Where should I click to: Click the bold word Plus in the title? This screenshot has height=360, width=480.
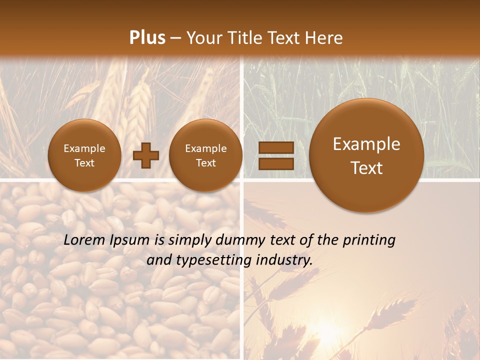(147, 38)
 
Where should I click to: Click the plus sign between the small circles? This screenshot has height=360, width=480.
(146, 155)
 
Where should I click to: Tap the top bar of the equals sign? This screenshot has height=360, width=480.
(275, 147)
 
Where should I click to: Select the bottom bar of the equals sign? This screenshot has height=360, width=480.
(275, 163)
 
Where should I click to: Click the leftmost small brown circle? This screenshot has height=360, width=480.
(84, 155)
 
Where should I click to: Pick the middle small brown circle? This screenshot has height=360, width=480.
(205, 155)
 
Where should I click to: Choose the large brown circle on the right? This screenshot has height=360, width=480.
(366, 155)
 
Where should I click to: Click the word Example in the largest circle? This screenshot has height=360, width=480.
(366, 144)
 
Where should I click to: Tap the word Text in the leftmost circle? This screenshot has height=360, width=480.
(84, 163)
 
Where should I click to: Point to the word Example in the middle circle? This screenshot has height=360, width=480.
(205, 148)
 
